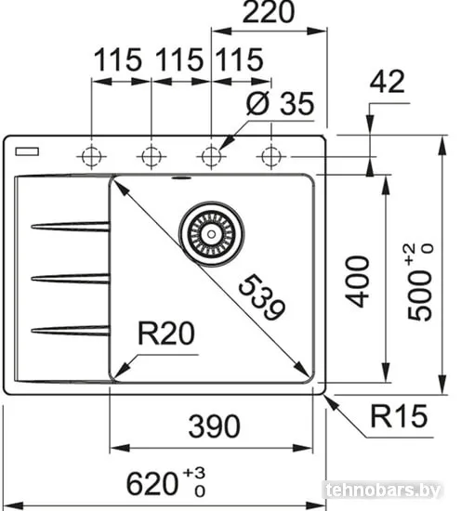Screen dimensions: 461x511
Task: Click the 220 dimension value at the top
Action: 269,12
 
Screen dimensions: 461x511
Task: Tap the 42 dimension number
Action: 387,82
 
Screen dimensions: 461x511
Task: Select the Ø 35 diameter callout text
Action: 280,103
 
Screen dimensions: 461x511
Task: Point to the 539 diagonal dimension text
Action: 262,297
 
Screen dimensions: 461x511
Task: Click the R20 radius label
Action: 166,333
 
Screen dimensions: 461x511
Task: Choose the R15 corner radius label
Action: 399,416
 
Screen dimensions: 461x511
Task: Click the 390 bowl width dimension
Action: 214,426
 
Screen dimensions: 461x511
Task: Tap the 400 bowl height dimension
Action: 359,282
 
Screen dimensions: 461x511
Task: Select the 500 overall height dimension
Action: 420,282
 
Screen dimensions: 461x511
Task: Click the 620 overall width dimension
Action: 165,484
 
